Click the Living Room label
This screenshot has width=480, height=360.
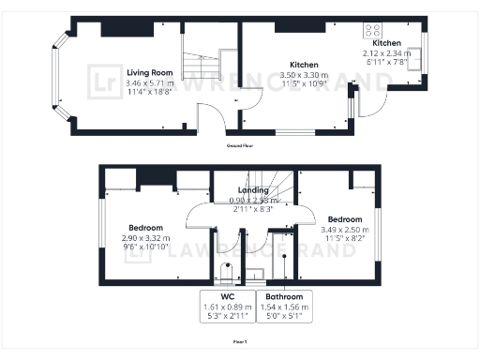point(149,72)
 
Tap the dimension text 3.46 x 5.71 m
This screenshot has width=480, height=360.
point(149,82)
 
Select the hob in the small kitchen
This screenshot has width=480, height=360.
point(374,29)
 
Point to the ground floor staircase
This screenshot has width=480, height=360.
point(198,65)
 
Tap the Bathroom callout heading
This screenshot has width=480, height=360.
point(284,297)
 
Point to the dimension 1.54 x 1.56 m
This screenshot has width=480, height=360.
point(284,307)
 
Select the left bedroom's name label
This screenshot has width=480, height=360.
point(145,228)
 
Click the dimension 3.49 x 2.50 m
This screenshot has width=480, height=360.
point(344,231)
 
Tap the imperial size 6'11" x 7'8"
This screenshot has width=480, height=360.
point(387,62)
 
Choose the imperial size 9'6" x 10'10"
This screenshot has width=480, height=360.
point(145,248)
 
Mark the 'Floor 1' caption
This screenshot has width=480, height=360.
point(240,342)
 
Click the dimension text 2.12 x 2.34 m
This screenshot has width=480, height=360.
point(387,53)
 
